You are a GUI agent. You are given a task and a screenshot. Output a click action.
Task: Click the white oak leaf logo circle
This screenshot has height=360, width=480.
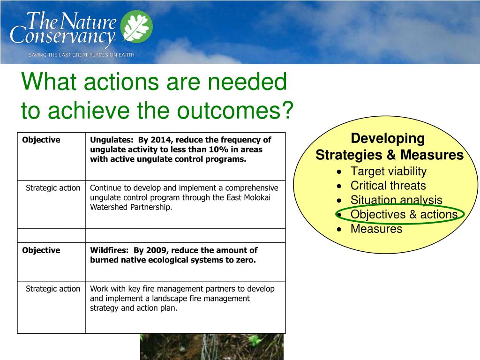(x=136, y=26)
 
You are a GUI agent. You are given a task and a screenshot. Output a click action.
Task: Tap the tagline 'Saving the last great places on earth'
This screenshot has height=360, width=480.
(x=82, y=55)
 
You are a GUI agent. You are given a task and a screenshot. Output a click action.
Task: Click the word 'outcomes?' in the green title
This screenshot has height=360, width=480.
(x=235, y=110)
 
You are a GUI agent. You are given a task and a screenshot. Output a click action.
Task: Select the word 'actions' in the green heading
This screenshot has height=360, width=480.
(x=121, y=82)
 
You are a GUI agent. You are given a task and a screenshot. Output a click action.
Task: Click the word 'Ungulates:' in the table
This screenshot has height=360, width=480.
(x=112, y=140)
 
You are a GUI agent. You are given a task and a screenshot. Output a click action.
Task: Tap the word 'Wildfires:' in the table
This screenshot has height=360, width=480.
(x=109, y=250)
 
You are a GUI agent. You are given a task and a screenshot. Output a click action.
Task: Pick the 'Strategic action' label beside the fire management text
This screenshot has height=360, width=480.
(x=53, y=289)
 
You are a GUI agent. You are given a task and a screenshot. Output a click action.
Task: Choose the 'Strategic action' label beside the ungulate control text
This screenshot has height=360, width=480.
(x=53, y=187)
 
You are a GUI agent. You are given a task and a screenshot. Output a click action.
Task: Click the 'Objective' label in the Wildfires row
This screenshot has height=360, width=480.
(x=41, y=250)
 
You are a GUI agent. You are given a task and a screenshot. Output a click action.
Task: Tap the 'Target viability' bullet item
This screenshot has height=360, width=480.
(x=389, y=171)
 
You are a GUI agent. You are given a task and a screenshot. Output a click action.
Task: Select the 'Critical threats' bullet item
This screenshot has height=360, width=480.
(x=388, y=186)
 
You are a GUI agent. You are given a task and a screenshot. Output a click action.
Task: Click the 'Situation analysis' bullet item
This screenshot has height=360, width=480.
(x=397, y=200)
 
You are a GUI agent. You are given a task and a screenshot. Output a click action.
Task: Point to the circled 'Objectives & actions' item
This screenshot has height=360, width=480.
(x=404, y=214)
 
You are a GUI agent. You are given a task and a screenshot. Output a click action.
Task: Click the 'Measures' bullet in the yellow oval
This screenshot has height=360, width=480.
(x=376, y=229)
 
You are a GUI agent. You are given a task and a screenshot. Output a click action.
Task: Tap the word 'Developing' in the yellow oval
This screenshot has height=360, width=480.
(x=388, y=139)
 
